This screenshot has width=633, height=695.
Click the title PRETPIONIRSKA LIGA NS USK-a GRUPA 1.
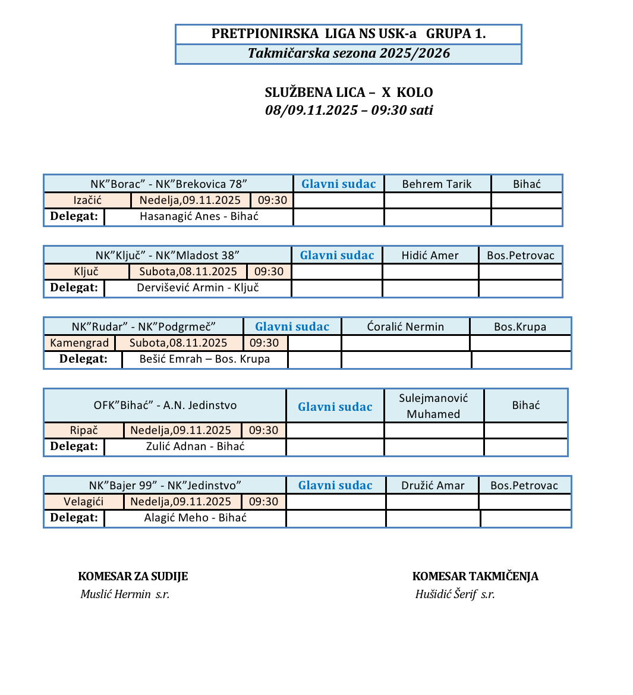(x=348, y=34)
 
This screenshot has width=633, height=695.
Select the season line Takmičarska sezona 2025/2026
(x=348, y=54)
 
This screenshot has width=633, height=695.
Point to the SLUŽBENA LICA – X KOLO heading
(x=349, y=92)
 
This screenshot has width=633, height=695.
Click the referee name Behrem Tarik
(x=437, y=184)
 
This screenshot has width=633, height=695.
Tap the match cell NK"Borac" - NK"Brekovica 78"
(x=169, y=184)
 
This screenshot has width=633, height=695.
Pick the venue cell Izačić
(x=87, y=200)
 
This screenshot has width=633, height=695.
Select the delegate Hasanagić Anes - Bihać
(x=199, y=216)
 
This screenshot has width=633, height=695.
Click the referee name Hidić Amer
(x=430, y=255)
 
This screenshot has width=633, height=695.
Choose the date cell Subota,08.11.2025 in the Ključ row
(x=188, y=272)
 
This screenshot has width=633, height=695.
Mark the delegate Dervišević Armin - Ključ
(x=198, y=288)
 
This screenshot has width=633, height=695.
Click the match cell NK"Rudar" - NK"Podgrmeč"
(x=143, y=326)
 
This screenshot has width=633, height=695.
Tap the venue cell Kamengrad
(x=80, y=343)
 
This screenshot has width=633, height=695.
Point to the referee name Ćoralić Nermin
(x=405, y=326)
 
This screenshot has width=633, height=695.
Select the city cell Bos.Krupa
(x=520, y=326)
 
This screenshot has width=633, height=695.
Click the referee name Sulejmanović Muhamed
(x=433, y=406)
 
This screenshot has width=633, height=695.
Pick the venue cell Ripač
(x=84, y=430)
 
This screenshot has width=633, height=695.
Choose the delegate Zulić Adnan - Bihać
(x=196, y=446)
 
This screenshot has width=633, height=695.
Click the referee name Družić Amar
(x=433, y=485)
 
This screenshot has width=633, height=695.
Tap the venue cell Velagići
(x=84, y=502)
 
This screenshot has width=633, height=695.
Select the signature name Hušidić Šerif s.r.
(x=455, y=594)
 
